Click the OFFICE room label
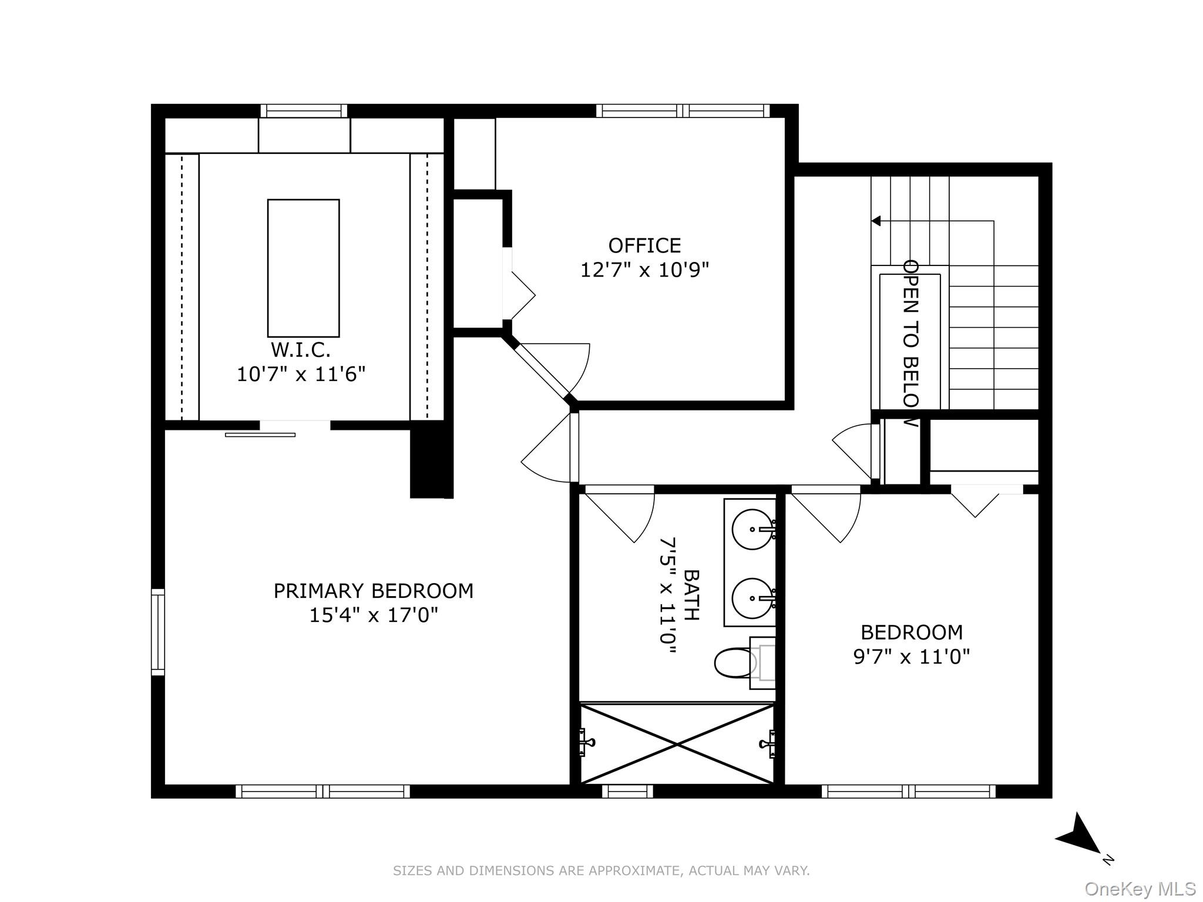pos(644,245)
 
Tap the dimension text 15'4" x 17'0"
pos(374,615)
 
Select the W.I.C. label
pos(300,350)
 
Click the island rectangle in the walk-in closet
pos(303,268)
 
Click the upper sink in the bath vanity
pos(752,529)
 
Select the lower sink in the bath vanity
pos(752,598)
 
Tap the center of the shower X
pos(677,744)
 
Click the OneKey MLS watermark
pos(1140,889)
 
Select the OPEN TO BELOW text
pos(910,344)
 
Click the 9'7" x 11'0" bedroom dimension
pos(911,657)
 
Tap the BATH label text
pos(692,595)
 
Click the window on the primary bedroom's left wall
pos(158,632)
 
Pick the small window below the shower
pos(627,792)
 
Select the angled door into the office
pos(541,372)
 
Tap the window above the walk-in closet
pos(304,111)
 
